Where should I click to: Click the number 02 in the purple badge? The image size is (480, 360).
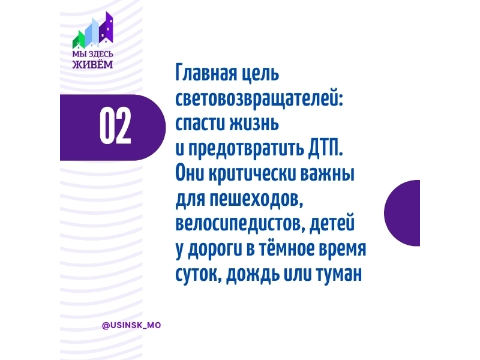[115, 126]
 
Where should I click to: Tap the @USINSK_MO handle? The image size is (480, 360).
[131, 325]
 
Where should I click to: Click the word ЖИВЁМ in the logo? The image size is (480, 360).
[92, 65]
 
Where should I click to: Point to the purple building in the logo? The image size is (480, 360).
[106, 28]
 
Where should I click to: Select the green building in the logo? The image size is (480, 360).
[79, 40]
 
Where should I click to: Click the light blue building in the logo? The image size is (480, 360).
[92, 32]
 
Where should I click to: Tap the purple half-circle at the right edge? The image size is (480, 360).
[402, 213]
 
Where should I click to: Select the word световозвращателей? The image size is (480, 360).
[259, 98]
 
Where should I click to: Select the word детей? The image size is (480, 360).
[332, 223]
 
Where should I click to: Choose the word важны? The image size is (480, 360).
[328, 174]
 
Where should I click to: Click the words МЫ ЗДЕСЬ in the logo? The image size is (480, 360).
[93, 54]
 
